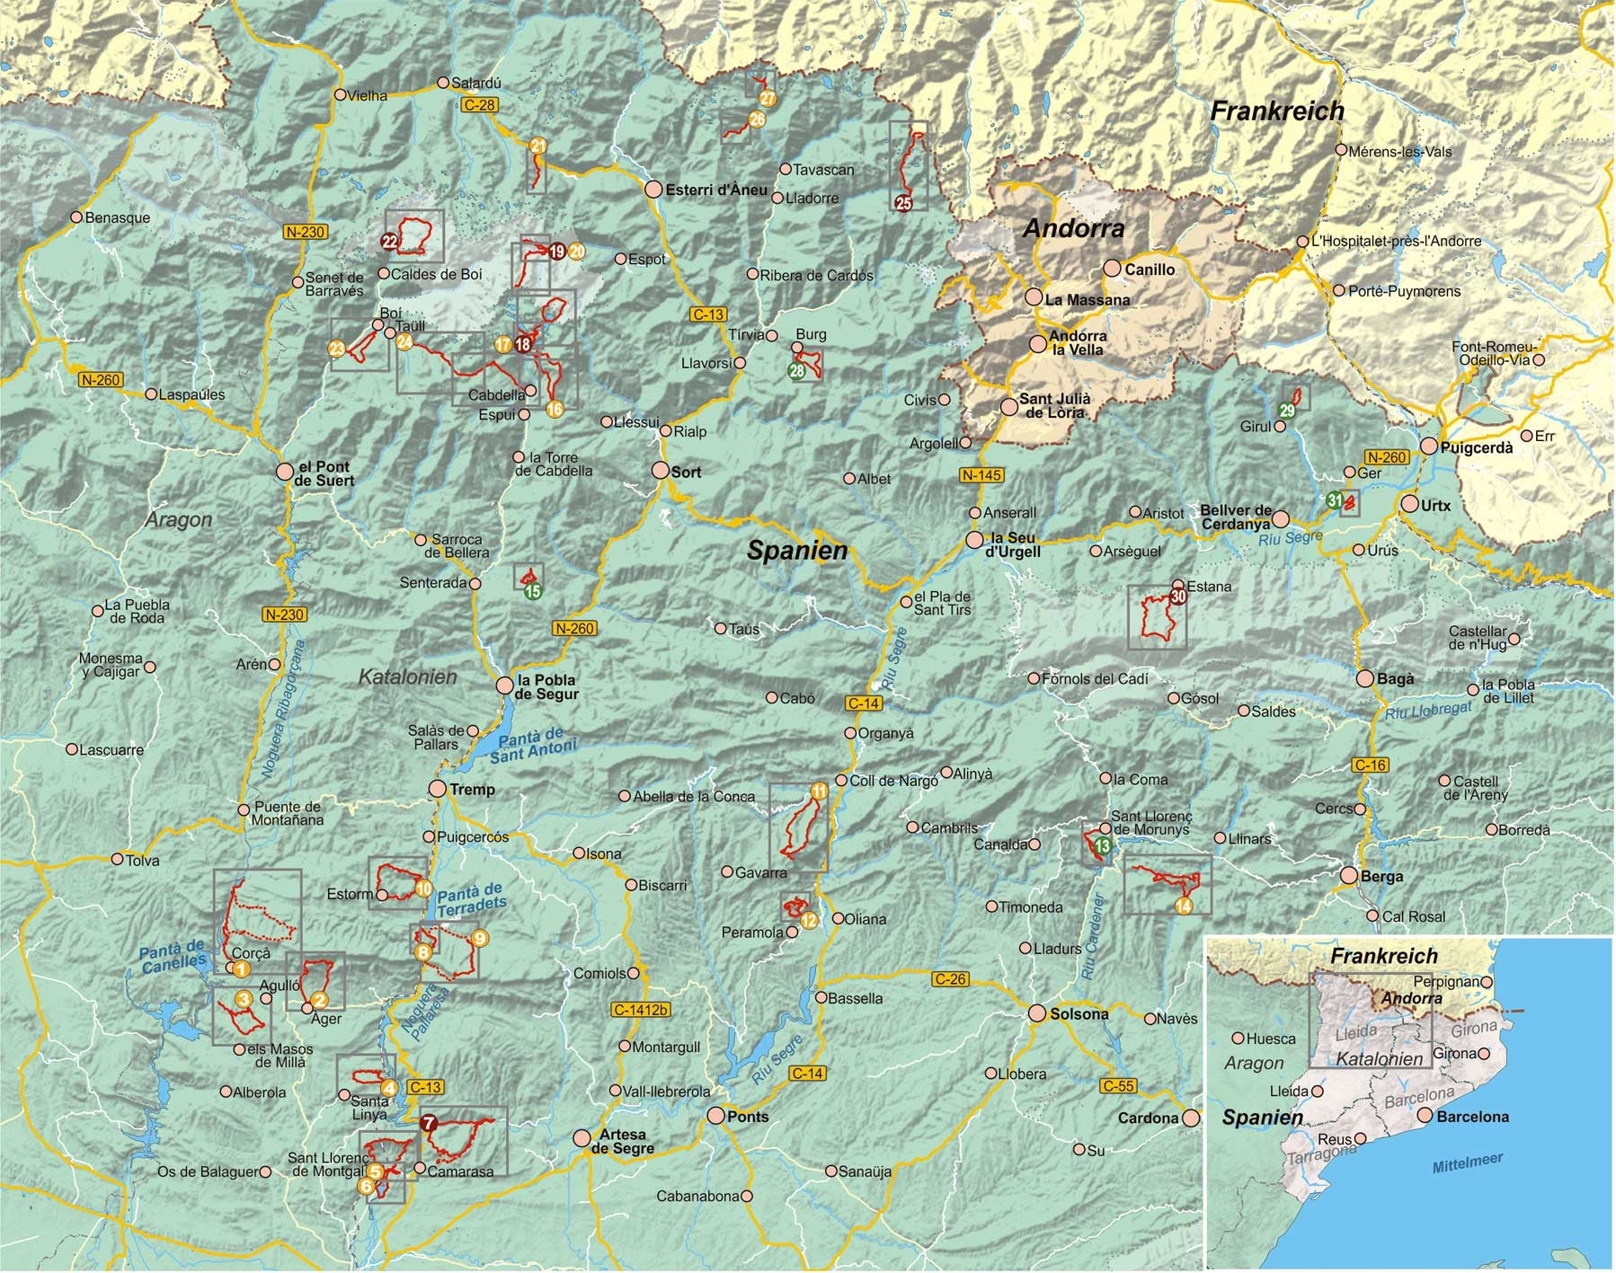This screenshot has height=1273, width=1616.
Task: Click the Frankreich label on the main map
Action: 1276,111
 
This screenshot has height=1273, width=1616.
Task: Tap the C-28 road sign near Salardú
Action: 479,105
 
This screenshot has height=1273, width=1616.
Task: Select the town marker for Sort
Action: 661,470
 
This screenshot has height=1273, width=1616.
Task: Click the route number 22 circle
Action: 389,241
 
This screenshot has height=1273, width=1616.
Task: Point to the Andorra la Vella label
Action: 1078,343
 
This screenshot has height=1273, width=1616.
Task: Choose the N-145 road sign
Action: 981,475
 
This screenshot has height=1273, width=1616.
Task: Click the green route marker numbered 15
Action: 533,591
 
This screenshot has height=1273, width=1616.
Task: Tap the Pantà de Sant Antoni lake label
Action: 532,745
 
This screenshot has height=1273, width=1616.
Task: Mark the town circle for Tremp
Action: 438,789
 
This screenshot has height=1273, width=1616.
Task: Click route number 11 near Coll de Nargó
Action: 820,791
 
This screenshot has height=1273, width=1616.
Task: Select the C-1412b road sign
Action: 641,1010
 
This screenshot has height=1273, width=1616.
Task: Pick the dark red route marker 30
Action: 1178,597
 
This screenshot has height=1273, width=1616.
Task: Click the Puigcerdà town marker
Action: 1429,446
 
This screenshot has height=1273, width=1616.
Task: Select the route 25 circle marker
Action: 903,203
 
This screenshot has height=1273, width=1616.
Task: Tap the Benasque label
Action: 117,217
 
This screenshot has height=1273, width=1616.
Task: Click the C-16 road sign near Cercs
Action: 1370,765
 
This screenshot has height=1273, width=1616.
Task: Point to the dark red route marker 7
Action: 429,1123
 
